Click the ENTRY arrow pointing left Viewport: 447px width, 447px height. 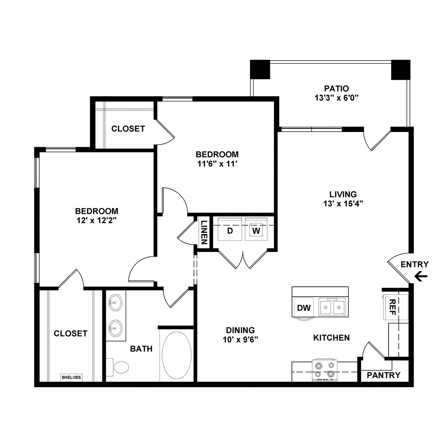click(421, 276)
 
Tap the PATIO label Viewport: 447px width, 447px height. click(336, 88)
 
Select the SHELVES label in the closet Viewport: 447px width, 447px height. click(71, 378)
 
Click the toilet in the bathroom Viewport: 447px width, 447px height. click(118, 367)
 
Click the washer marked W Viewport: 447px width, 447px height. click(256, 229)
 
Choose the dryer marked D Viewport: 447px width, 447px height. click(230, 229)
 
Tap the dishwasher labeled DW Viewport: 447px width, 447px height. click(304, 308)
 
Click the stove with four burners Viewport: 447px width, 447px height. click(325, 370)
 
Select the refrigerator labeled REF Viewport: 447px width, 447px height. click(396, 307)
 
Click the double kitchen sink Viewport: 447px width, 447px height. click(332, 307)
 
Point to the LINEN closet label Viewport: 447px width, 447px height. click(204, 232)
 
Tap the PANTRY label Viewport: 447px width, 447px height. click(384, 375)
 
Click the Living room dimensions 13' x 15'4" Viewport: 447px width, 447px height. click(343, 204)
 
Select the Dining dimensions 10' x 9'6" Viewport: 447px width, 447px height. click(240, 340)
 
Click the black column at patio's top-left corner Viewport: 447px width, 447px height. click(260, 69)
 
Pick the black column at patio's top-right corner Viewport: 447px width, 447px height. click(401, 69)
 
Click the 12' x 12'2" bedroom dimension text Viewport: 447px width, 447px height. click(96, 220)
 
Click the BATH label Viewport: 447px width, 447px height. click(141, 349)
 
